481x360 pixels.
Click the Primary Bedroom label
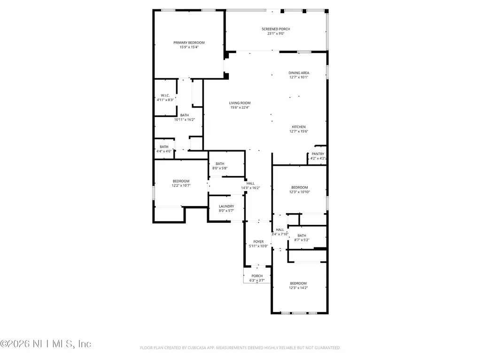(189, 43)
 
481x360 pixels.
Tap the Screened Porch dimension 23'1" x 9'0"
(276, 34)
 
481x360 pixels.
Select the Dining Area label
(299, 73)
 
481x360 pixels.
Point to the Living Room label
(240, 103)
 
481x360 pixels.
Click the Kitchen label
(299, 127)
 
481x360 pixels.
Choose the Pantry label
(318, 154)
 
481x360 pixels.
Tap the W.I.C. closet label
(165, 95)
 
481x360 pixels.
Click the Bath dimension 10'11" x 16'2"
(184, 120)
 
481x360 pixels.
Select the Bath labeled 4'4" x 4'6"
(164, 147)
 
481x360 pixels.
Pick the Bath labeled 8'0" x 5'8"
(220, 164)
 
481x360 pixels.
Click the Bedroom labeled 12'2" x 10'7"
(181, 181)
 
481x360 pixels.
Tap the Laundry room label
(226, 206)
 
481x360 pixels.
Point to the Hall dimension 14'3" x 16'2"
(250, 188)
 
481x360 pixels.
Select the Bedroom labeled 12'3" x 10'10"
(299, 187)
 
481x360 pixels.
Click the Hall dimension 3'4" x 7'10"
(280, 234)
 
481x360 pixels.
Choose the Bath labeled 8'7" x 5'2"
(301, 236)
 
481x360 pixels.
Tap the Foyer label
(258, 242)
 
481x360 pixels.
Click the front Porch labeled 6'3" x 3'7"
(257, 276)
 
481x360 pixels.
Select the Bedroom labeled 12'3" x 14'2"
(298, 283)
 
